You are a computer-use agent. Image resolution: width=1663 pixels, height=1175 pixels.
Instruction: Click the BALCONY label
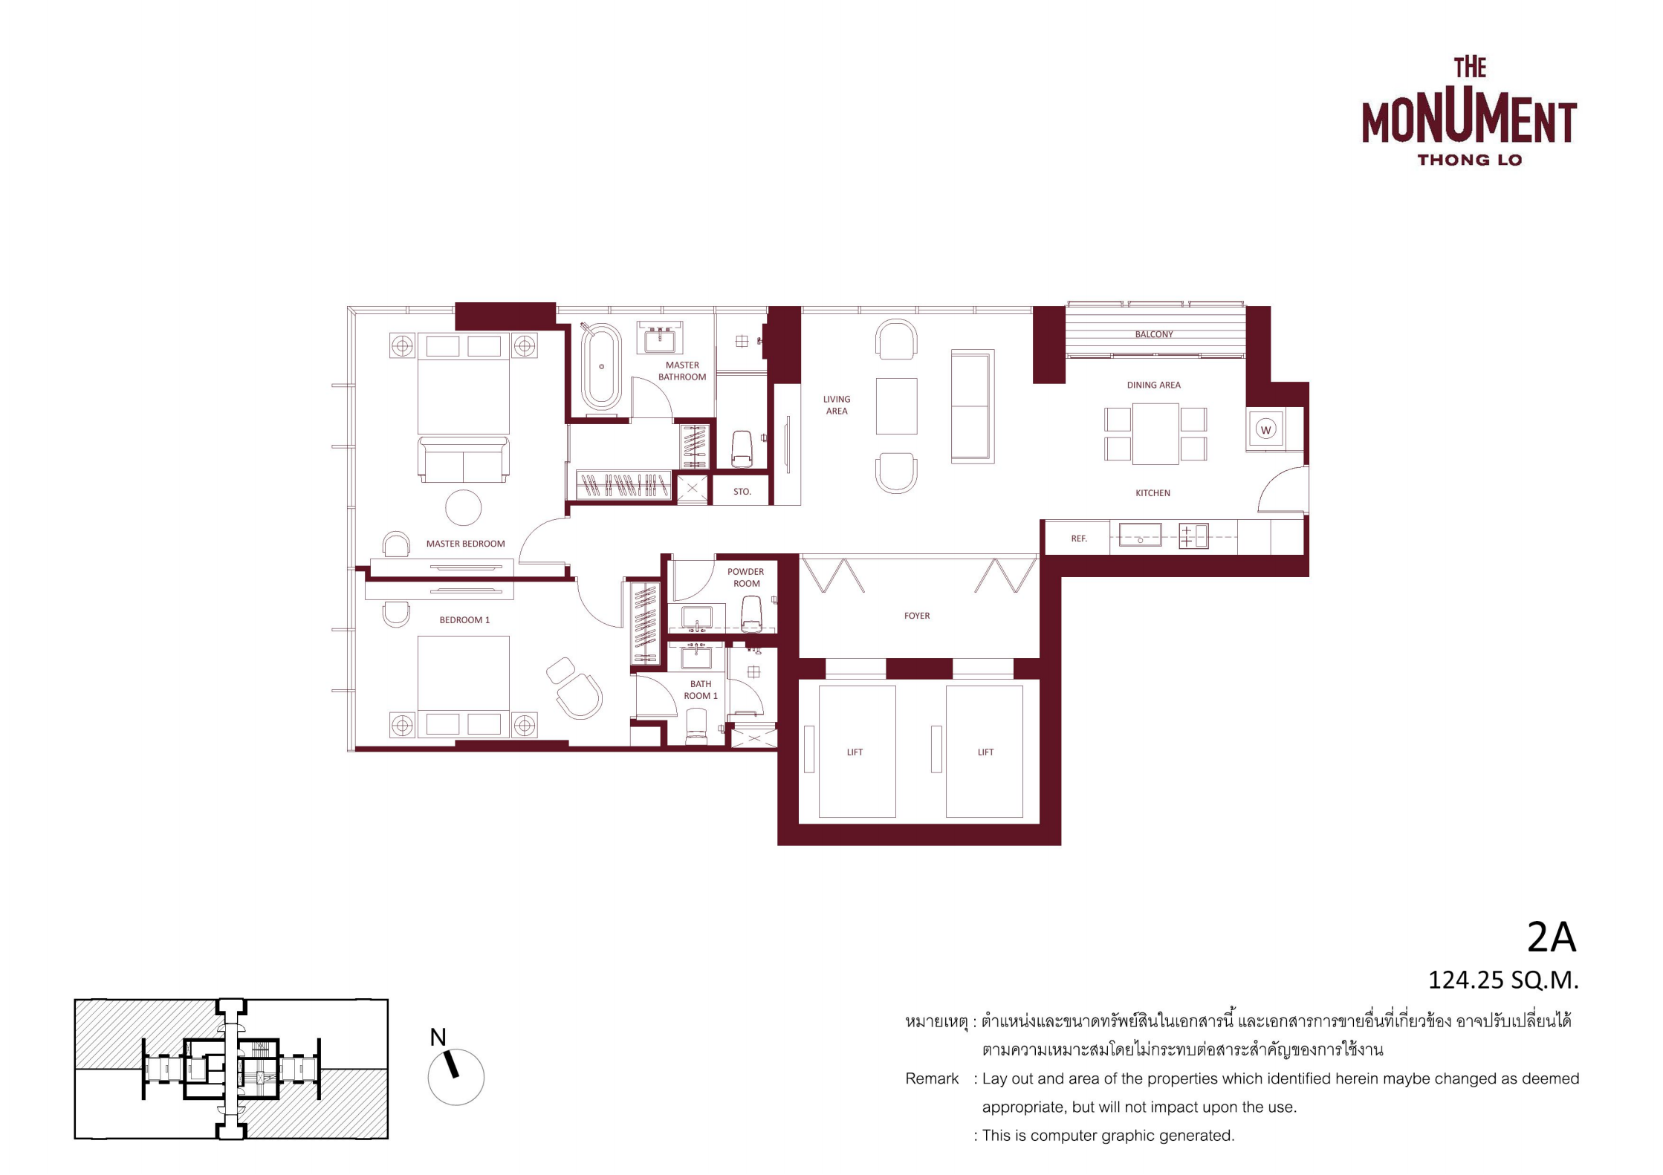tap(1153, 334)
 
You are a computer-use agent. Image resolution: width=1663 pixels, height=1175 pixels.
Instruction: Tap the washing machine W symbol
tap(1266, 429)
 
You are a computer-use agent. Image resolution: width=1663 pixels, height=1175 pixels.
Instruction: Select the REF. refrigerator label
tap(1079, 538)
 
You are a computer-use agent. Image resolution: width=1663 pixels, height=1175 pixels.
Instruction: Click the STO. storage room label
tap(742, 492)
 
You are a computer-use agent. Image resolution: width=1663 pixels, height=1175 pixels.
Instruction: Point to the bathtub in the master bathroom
tap(600, 367)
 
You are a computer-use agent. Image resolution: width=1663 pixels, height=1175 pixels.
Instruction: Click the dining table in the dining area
tap(1155, 434)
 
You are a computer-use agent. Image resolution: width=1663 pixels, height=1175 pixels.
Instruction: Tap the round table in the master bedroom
tap(463, 508)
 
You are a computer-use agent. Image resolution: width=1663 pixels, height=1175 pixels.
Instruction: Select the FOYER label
tap(917, 616)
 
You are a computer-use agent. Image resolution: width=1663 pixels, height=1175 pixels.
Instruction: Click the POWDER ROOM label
tap(746, 578)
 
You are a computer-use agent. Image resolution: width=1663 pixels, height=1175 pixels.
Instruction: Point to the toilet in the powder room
tap(751, 613)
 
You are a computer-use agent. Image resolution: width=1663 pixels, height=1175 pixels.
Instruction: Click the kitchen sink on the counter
tap(1140, 535)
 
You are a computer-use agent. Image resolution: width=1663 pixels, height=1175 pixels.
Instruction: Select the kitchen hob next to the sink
tap(1193, 536)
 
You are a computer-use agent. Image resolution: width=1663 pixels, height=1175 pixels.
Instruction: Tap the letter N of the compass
tap(438, 1037)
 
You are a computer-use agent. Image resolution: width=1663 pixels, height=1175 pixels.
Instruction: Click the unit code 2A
tap(1551, 937)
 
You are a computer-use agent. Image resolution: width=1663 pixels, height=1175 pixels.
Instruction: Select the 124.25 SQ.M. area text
tap(1502, 980)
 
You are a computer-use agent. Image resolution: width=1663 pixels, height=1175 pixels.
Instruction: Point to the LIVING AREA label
tap(837, 405)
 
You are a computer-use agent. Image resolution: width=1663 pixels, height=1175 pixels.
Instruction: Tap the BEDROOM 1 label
tap(464, 620)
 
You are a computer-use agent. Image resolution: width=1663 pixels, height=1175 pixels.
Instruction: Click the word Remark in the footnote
tap(932, 1078)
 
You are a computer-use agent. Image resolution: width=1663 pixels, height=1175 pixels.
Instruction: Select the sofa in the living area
tap(972, 406)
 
